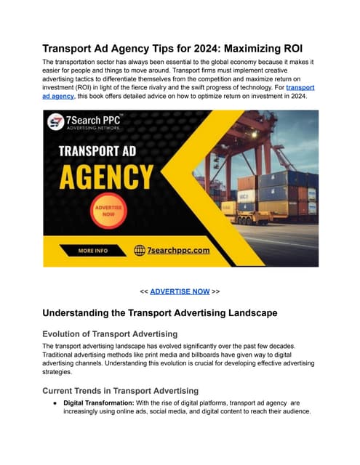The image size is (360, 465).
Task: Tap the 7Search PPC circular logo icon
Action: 56,121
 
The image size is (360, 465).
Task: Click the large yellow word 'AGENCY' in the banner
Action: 106,177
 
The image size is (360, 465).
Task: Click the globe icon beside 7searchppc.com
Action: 140,251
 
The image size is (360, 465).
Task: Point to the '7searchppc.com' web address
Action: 178,251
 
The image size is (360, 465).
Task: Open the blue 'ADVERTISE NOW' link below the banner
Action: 180,291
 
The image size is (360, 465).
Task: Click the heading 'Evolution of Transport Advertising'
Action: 108,332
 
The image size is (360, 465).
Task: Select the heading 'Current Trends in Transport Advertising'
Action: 120,391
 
